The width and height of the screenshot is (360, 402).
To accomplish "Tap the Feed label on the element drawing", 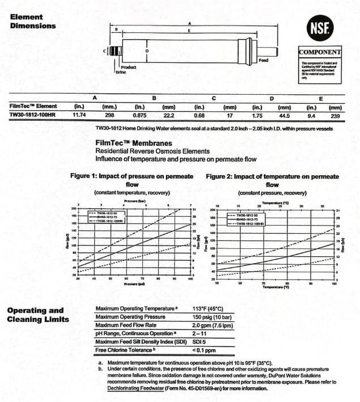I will click(x=263, y=60).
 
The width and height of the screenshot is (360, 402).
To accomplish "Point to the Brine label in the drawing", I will click(x=120, y=73).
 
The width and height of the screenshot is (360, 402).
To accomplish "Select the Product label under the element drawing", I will click(x=128, y=67).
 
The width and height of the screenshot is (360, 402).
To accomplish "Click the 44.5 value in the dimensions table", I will click(x=285, y=115).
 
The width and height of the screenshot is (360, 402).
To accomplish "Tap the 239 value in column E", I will click(x=335, y=115).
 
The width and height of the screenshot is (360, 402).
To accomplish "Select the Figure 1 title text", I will click(x=132, y=180).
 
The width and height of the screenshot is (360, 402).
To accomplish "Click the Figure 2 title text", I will click(x=272, y=180).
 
